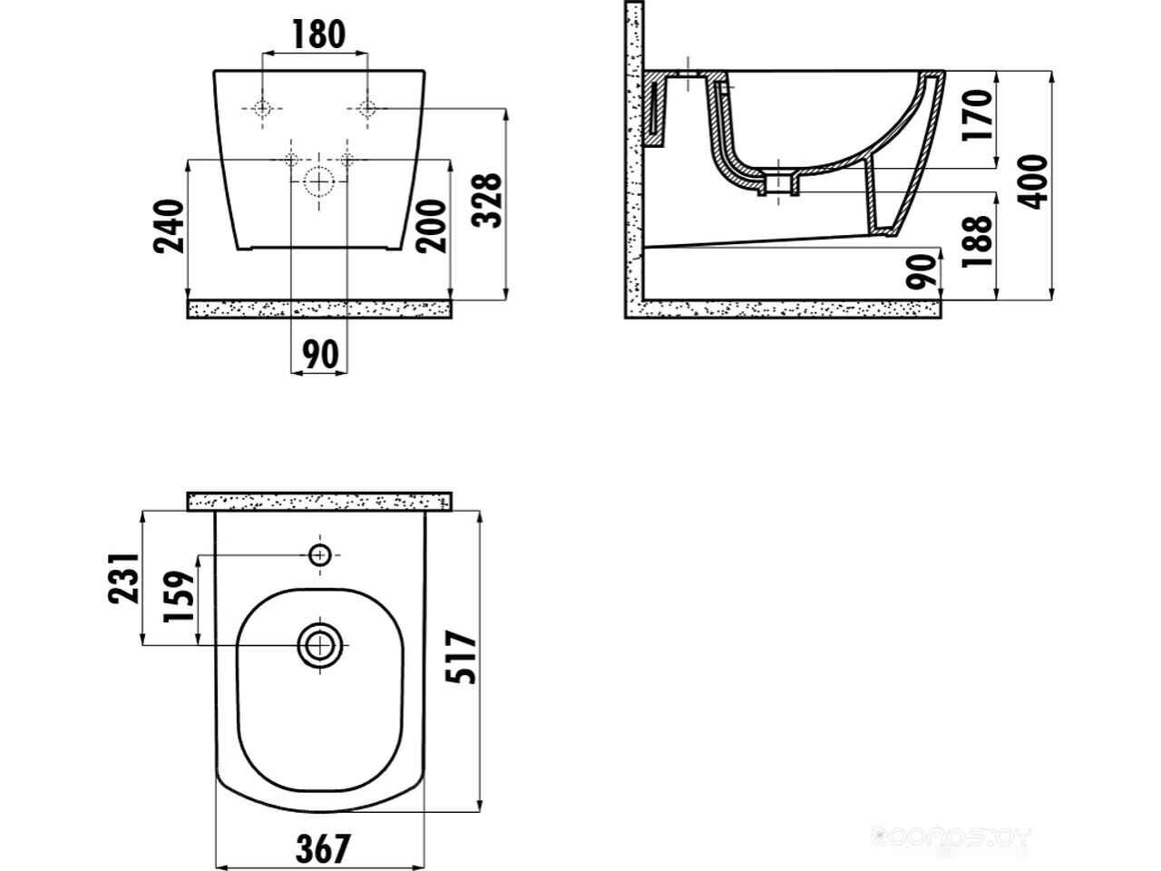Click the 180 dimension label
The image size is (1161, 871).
(x=318, y=34)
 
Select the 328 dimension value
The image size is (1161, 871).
(x=489, y=201)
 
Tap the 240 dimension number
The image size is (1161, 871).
(x=171, y=226)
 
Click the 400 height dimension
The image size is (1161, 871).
(x=1036, y=181)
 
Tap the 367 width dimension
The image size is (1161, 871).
(x=322, y=849)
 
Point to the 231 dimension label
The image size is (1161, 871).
(x=124, y=578)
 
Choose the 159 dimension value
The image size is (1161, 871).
(x=180, y=596)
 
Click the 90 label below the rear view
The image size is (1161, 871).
(x=318, y=354)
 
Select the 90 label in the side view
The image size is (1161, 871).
(x=922, y=271)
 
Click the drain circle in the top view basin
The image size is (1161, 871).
(x=319, y=645)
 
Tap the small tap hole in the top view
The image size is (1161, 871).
(x=319, y=554)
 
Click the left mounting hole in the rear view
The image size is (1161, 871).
(x=262, y=109)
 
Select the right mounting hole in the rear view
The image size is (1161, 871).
(x=366, y=109)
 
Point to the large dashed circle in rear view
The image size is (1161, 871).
(x=318, y=181)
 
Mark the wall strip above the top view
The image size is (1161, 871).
(x=318, y=501)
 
